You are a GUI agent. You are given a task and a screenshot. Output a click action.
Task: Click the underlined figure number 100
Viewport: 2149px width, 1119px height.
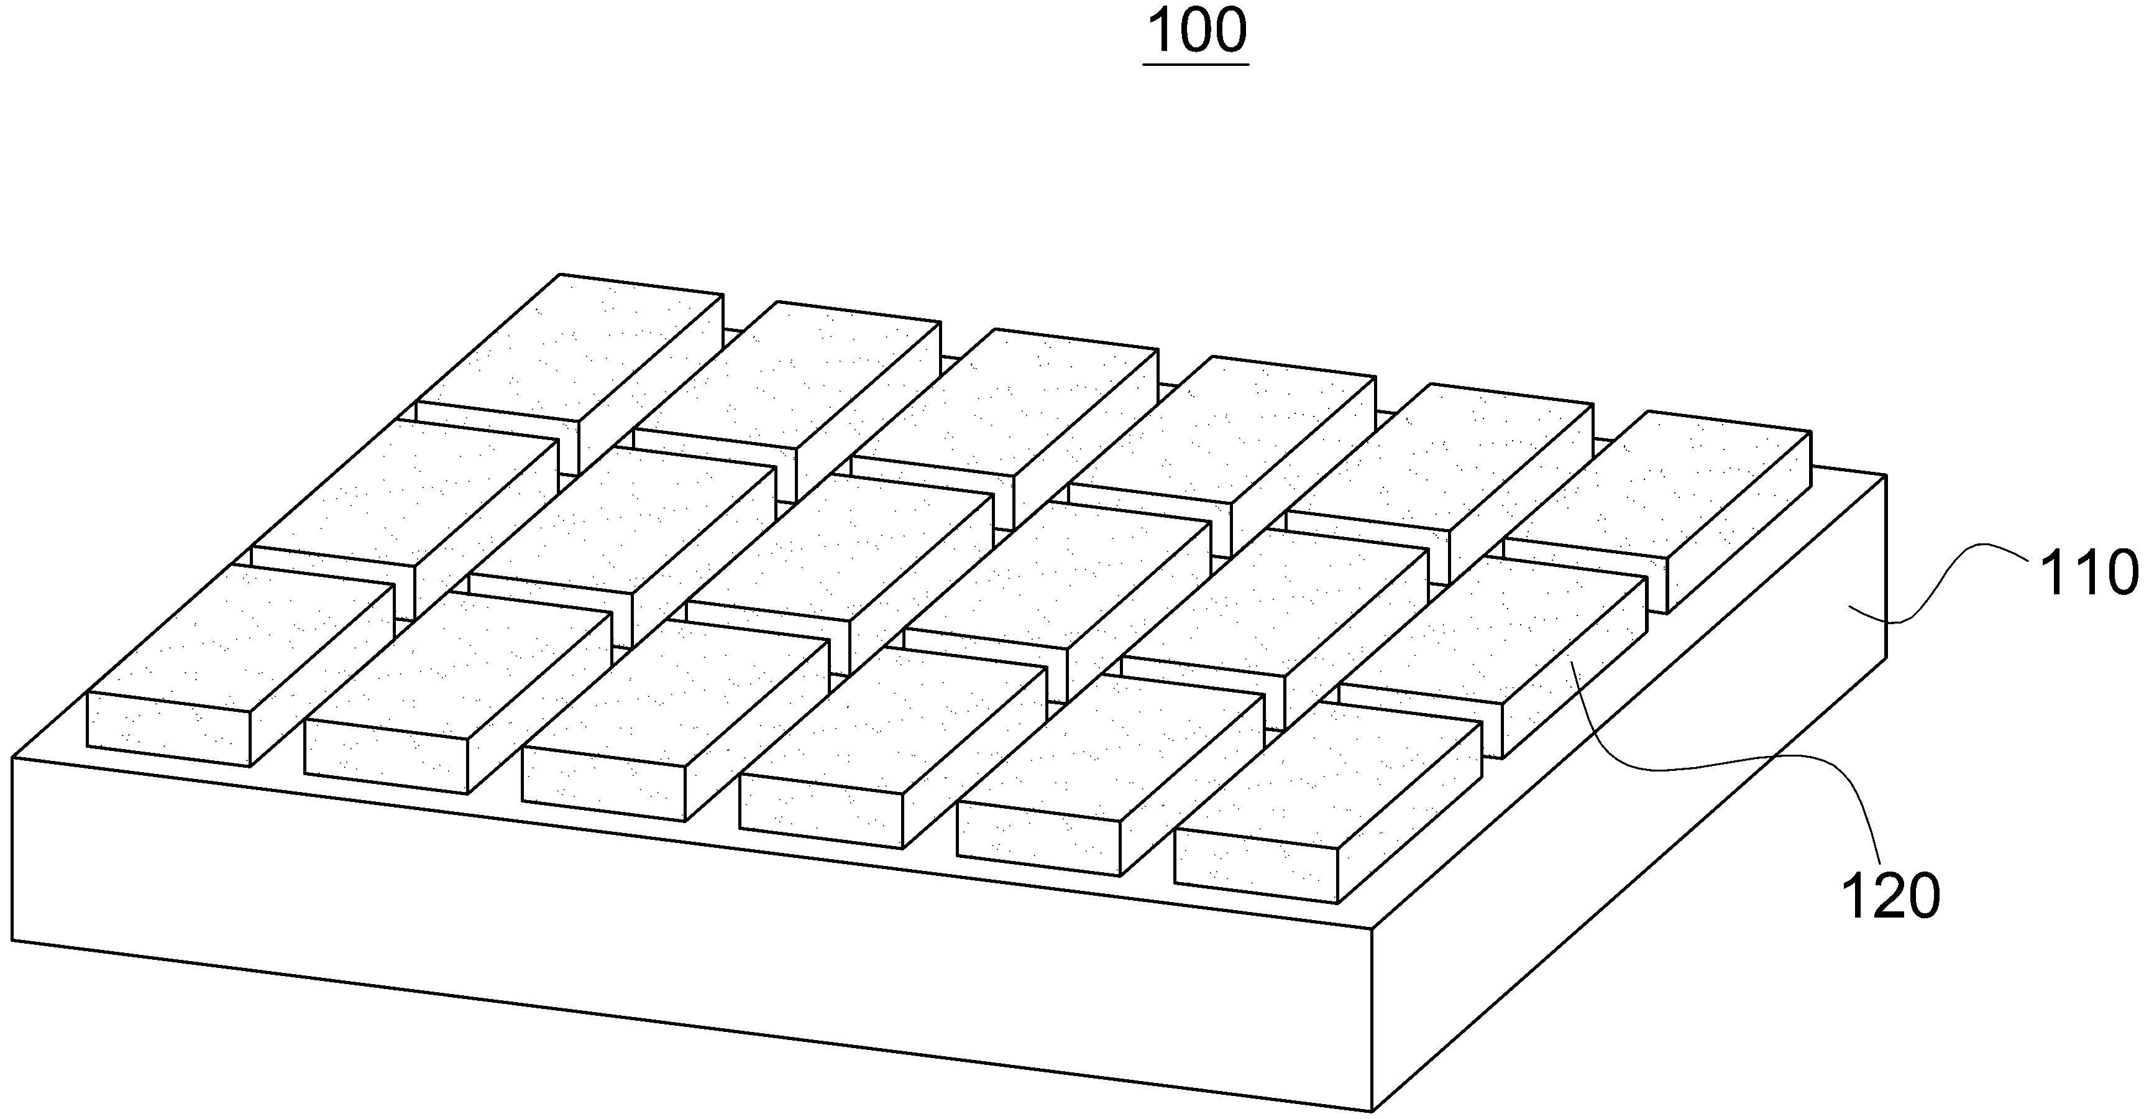pyautogui.click(x=1197, y=31)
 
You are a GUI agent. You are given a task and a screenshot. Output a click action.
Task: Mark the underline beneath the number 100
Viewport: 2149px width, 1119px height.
pyautogui.click(x=1197, y=63)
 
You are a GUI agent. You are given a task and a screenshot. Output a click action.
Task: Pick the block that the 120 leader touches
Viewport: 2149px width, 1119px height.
pyautogui.click(x=1493, y=659)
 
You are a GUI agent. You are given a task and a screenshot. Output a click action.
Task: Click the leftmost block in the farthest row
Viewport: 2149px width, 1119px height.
pyautogui.click(x=569, y=374)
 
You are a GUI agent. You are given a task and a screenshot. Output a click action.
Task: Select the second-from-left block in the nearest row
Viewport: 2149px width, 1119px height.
pyautogui.click(x=458, y=693)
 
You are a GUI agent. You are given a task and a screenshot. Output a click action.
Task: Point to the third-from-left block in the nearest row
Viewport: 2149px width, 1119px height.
pyautogui.click(x=676, y=720)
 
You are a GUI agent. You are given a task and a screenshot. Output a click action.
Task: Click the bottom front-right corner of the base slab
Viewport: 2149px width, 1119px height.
pyautogui.click(x=1372, y=1112)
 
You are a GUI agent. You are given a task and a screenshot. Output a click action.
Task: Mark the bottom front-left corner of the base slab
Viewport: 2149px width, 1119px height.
pyautogui.click(x=12, y=941)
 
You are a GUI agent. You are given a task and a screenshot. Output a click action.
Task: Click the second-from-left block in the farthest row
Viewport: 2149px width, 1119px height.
pyautogui.click(x=787, y=402)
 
